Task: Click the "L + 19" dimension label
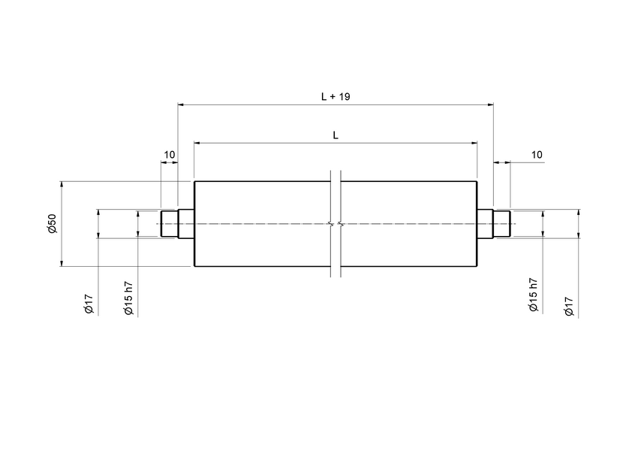coord(336,97)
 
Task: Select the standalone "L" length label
coord(336,135)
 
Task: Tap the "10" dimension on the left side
coord(170,155)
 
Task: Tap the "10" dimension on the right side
coord(537,155)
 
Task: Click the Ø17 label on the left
coord(89,304)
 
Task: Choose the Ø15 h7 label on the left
coord(128,298)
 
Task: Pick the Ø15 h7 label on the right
coord(533,295)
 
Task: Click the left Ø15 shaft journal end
coord(169,224)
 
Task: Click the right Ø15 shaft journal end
coord(501,224)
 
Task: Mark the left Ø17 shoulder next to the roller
coord(185,224)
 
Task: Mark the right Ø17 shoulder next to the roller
coord(485,224)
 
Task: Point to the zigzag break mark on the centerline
coord(336,224)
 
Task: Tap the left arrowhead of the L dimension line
coord(197,142)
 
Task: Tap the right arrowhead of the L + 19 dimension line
coord(490,104)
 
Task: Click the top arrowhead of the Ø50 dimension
coord(62,184)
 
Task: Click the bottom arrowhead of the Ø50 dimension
coord(62,263)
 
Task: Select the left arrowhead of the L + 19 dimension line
coord(180,104)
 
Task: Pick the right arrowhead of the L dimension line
coord(474,142)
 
